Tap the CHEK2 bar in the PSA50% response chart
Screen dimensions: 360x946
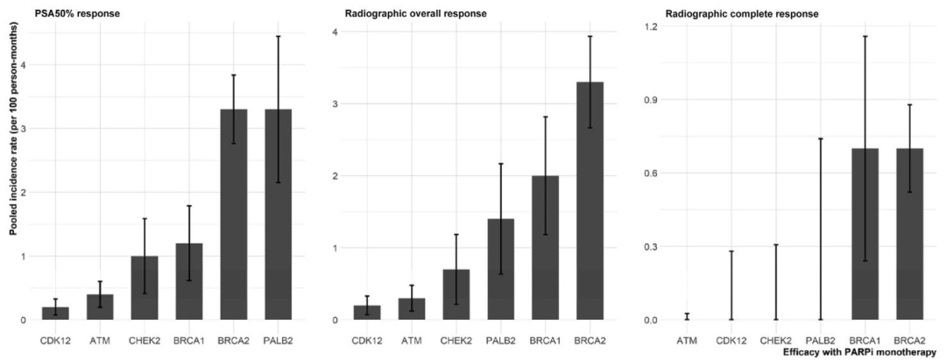145,288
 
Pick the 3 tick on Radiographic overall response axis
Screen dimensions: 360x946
334,104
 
